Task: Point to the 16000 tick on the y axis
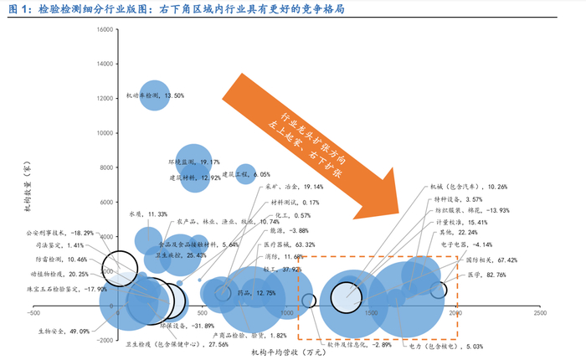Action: (105, 30)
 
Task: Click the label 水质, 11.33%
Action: (146, 214)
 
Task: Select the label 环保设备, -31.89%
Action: (182, 326)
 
